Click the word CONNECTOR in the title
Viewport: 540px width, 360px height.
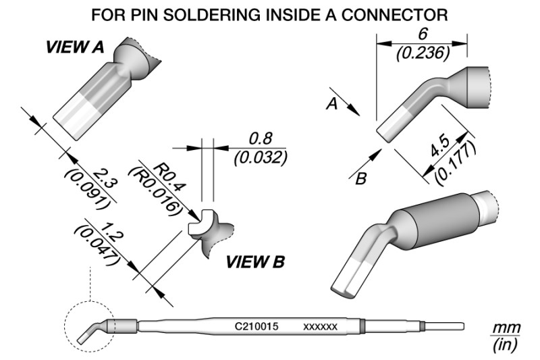pyautogui.click(x=394, y=13)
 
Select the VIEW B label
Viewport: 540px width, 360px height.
pyautogui.click(x=254, y=261)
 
